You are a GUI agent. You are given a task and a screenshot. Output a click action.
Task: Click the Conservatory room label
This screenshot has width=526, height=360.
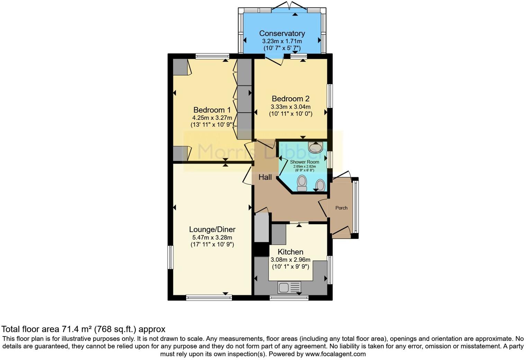tap(282, 33)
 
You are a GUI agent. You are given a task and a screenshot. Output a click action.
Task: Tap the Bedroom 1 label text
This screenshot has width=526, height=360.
tap(212, 110)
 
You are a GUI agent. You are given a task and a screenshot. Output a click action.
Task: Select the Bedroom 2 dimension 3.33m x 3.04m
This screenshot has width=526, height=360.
tap(290, 107)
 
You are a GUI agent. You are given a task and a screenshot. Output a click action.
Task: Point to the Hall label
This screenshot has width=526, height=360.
tap(265, 177)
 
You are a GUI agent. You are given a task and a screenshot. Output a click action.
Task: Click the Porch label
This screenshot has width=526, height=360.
tap(341, 208)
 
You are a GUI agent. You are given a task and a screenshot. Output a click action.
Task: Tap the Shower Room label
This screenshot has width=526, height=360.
tap(305, 162)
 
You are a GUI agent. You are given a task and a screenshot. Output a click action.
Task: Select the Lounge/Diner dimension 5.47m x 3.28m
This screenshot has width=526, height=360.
tap(212, 237)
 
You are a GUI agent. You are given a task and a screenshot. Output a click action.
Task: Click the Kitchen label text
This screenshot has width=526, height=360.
tap(290, 252)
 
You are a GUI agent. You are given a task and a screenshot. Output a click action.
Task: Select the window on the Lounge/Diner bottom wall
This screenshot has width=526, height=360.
tap(209, 297)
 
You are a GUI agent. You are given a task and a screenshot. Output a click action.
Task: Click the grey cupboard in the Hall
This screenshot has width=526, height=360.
tap(262, 227)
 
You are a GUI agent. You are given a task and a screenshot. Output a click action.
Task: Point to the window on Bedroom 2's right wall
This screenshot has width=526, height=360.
tap(330, 96)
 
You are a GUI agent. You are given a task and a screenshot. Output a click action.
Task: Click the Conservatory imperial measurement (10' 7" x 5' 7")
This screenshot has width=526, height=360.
tap(282, 48)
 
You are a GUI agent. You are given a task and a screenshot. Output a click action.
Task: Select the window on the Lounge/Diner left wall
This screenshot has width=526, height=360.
tap(170, 257)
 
